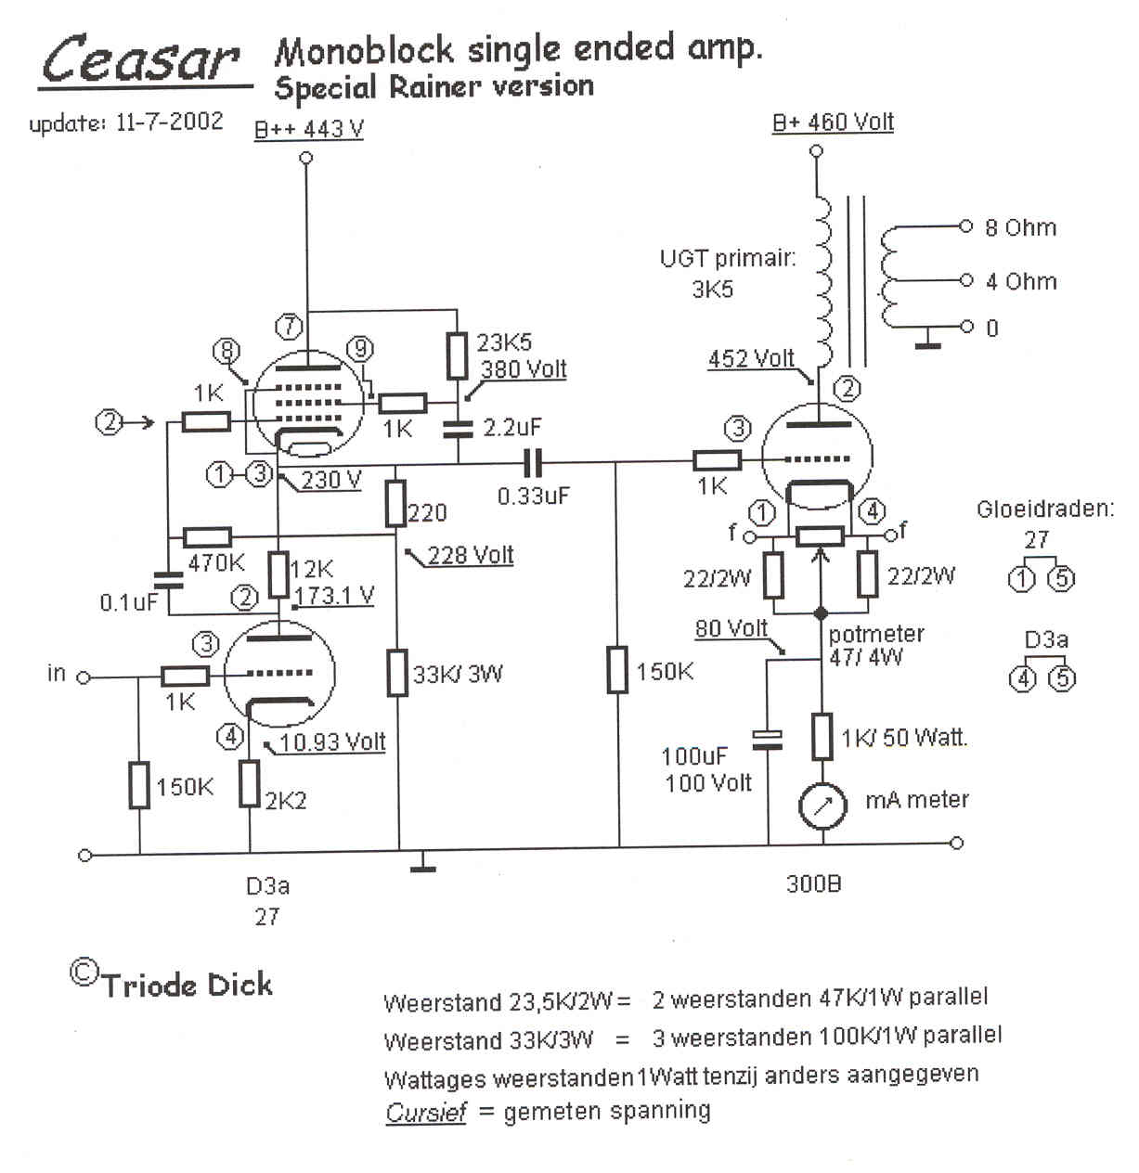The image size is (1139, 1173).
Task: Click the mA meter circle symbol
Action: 822,806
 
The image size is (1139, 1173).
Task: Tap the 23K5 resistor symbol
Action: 457,355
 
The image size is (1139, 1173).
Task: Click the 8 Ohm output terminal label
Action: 1019,227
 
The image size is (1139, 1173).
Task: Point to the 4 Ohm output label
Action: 1020,281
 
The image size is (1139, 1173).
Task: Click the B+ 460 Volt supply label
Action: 833,122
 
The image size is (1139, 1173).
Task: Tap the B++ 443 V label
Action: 309,129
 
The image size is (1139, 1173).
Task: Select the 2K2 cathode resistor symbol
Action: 250,784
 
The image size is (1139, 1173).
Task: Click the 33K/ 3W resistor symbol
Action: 397,673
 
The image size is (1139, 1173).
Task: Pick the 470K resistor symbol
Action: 207,537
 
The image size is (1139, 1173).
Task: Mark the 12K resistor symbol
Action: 278,574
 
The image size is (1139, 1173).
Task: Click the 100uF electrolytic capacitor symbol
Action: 769,739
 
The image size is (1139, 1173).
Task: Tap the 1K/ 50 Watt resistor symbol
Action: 822,738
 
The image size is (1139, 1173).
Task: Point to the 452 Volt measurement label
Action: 751,358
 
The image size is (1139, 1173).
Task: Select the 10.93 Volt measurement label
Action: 332,742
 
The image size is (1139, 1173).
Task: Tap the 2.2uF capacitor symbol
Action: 457,428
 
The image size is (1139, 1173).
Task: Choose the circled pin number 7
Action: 290,326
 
